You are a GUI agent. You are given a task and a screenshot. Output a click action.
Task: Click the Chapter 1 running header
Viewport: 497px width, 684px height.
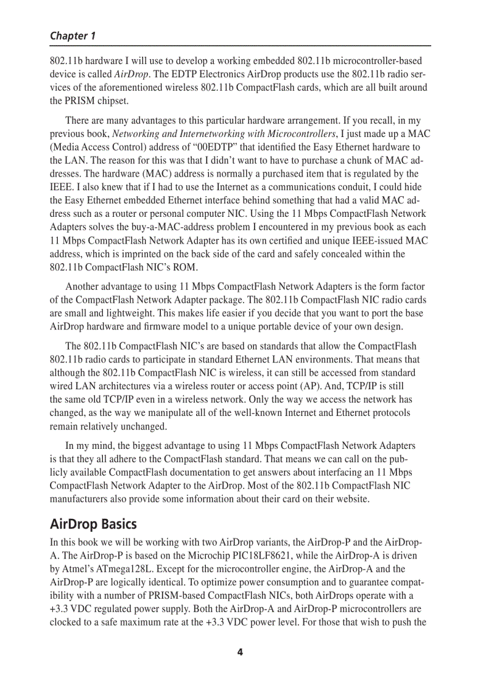[72, 36]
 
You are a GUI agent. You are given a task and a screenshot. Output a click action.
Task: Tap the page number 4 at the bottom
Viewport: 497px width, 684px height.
[240, 652]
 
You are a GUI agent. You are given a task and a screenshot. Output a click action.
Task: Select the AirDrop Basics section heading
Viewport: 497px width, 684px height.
[93, 524]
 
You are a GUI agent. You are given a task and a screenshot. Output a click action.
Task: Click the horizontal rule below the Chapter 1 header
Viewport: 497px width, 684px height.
[240, 46]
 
